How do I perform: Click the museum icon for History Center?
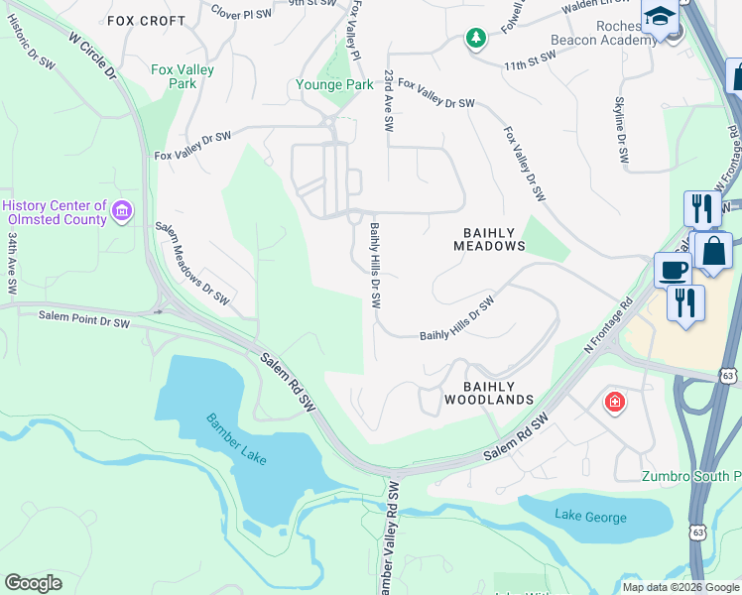click(x=122, y=209)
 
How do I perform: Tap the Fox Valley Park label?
click(x=175, y=77)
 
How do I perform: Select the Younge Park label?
click(x=334, y=84)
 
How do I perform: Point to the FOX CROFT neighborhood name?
click(x=146, y=20)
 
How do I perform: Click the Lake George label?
click(x=590, y=517)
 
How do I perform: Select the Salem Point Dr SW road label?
click(x=84, y=319)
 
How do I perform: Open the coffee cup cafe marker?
click(x=673, y=271)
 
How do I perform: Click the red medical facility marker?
click(x=615, y=402)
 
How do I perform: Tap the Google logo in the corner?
click(x=33, y=583)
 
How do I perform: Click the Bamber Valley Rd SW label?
click(x=390, y=537)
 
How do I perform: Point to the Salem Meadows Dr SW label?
click(x=192, y=263)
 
